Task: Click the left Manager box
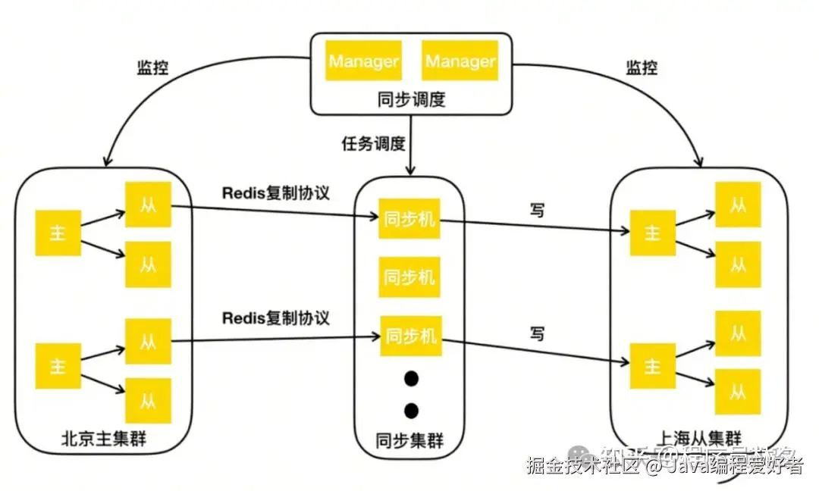pyautogui.click(x=364, y=61)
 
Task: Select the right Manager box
pyautogui.click(x=460, y=61)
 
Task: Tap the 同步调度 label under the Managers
pyautogui.click(x=411, y=99)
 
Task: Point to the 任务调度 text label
pyautogui.click(x=373, y=144)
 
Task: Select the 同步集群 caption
pyautogui.click(x=409, y=441)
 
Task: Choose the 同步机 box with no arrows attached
pyautogui.click(x=409, y=277)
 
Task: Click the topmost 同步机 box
pyautogui.click(x=409, y=220)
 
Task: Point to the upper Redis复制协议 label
pyautogui.click(x=276, y=192)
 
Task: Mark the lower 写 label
pyautogui.click(x=537, y=333)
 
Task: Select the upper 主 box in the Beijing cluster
pyautogui.click(x=58, y=233)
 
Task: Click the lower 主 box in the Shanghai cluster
pyautogui.click(x=652, y=366)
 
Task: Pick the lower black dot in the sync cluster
pyautogui.click(x=411, y=411)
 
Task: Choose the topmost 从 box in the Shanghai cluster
pyautogui.click(x=738, y=205)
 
